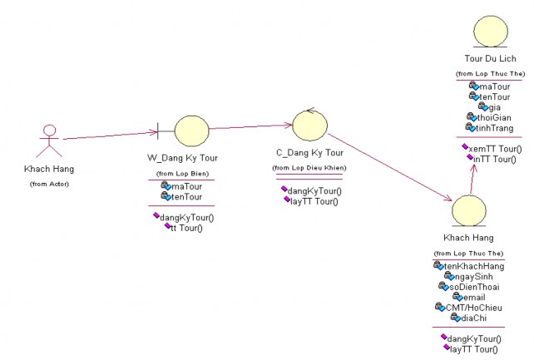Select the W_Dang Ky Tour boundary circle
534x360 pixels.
[191, 131]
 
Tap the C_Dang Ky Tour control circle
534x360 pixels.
[309, 126]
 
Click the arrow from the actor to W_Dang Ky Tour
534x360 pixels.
[108, 135]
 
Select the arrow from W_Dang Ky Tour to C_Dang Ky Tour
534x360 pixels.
[250, 127]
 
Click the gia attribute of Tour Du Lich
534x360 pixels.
[495, 106]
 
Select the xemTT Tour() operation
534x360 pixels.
[497, 149]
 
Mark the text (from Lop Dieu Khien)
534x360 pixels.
[309, 169]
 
